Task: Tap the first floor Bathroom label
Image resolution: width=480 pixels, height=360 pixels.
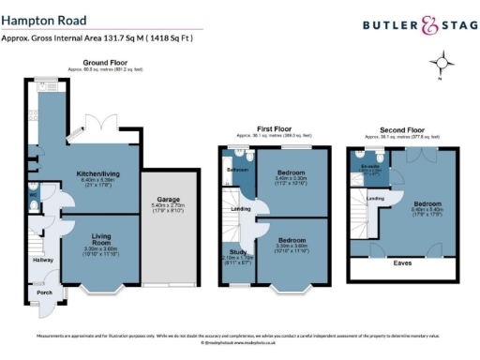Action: click(237, 169)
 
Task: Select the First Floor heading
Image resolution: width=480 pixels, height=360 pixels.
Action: click(273, 129)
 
